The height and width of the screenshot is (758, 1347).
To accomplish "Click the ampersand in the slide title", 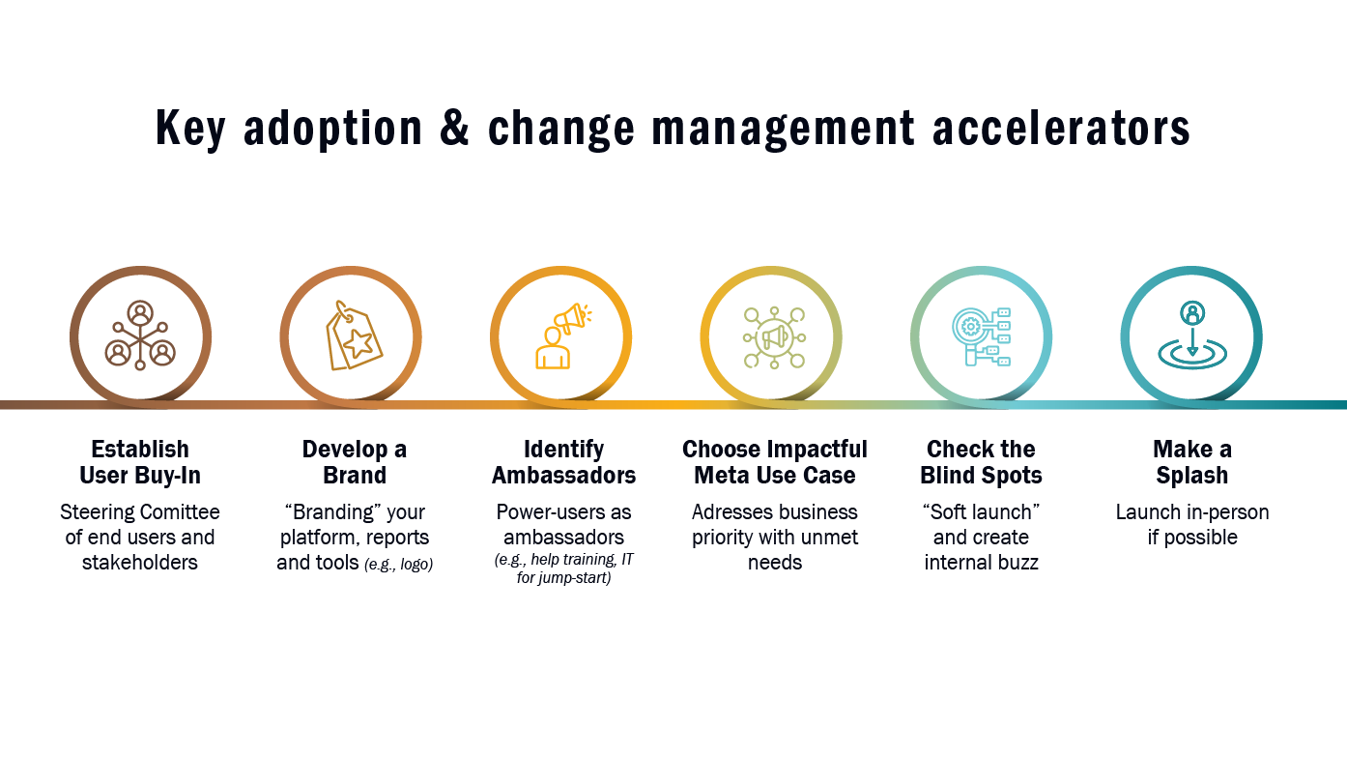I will (x=455, y=130).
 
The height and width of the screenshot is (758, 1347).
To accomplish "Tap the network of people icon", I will (x=140, y=335).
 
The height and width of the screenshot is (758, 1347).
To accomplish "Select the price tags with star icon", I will (x=353, y=335).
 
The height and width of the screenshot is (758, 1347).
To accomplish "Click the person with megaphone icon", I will (x=562, y=335).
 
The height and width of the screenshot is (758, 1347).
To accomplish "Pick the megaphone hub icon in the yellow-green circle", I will (x=774, y=336).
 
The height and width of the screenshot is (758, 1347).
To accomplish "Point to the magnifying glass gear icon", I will (x=981, y=336).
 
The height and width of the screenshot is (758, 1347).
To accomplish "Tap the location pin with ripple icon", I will (x=1191, y=336).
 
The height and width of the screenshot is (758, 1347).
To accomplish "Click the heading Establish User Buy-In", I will (x=140, y=462).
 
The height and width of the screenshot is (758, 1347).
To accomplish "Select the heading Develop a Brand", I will (x=354, y=462).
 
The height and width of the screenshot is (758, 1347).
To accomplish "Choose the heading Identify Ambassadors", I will (x=563, y=462).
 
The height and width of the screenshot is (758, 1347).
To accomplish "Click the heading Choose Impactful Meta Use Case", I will (x=775, y=462).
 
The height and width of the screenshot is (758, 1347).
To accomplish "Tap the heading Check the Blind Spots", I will (x=981, y=462).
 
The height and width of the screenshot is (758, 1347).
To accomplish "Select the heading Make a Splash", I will (x=1191, y=462).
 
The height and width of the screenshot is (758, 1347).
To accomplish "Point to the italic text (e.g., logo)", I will (x=398, y=565).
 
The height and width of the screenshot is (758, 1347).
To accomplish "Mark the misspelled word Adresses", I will (x=728, y=512).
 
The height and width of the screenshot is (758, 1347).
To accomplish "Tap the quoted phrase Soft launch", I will (x=981, y=512).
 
